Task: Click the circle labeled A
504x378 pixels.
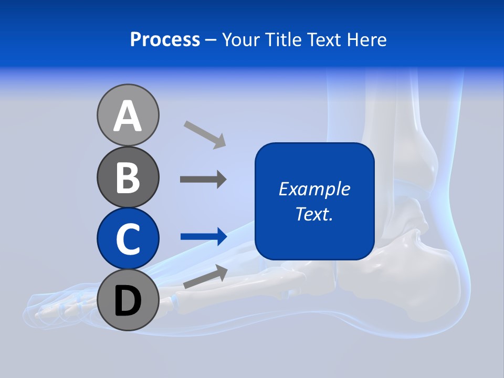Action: pyautogui.click(x=128, y=115)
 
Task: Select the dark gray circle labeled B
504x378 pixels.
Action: pyautogui.click(x=128, y=177)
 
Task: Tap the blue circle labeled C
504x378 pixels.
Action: pyautogui.click(x=128, y=238)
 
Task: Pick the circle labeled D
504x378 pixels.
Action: pyautogui.click(x=128, y=300)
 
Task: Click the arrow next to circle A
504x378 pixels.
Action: pyautogui.click(x=205, y=134)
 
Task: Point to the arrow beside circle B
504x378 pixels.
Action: pyautogui.click(x=203, y=180)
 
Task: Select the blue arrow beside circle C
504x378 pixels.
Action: pyautogui.click(x=204, y=236)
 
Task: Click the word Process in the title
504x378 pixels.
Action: pyautogui.click(x=165, y=39)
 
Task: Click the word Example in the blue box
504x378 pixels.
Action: pyautogui.click(x=314, y=189)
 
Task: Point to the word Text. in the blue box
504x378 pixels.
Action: pyautogui.click(x=314, y=214)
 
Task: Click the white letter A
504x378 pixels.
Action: pyautogui.click(x=128, y=116)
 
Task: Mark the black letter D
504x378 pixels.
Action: pyautogui.click(x=128, y=301)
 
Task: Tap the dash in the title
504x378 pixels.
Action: pyautogui.click(x=211, y=40)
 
